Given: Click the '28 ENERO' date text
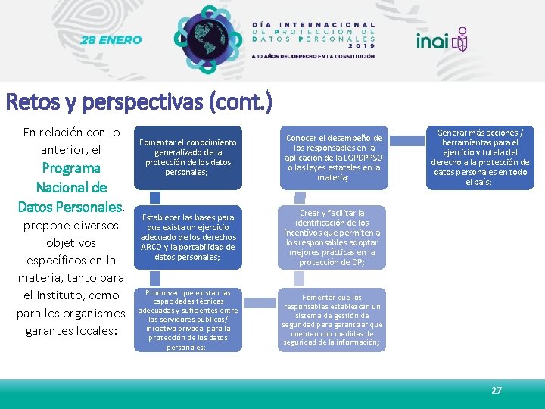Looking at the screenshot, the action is tap(112, 40).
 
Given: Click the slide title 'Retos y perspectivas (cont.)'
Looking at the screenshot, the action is tap(138, 101).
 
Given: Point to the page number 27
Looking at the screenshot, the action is tap(497, 390).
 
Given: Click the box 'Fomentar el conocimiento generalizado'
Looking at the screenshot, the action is tap(188, 157).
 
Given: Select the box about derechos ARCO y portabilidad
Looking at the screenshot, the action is tap(188, 237).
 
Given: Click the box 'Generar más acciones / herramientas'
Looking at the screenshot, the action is tap(480, 157).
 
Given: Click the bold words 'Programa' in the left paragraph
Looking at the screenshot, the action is tap(71, 168).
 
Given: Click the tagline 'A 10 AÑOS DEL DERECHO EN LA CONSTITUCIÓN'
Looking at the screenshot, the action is tap(313, 56).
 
